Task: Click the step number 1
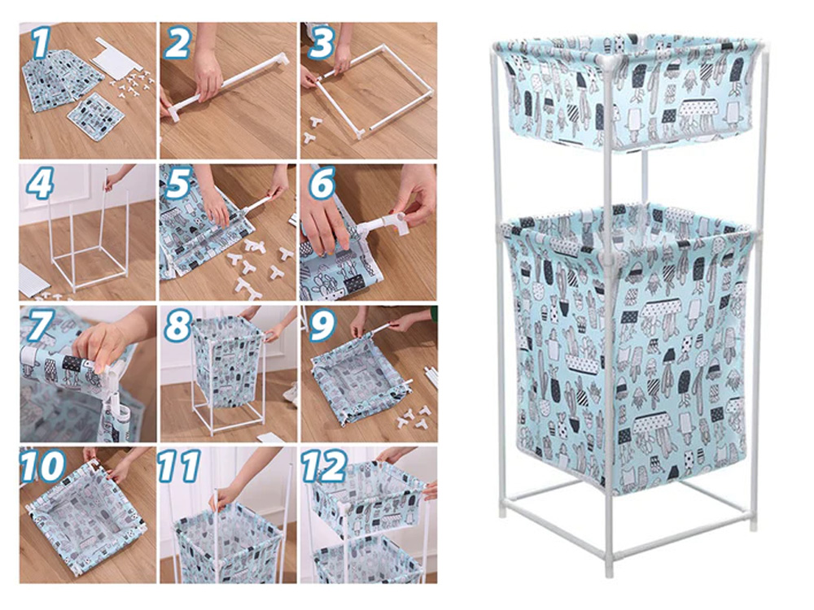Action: tap(41, 42)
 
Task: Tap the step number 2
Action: tap(178, 42)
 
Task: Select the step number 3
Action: tap(320, 42)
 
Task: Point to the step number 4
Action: tap(39, 184)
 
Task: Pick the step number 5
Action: tap(178, 184)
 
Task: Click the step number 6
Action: tap(322, 184)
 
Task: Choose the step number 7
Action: tap(39, 326)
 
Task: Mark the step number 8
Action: tap(178, 326)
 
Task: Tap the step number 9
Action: tap(322, 326)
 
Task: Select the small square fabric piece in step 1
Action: tap(97, 116)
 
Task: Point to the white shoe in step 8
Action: tap(291, 392)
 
